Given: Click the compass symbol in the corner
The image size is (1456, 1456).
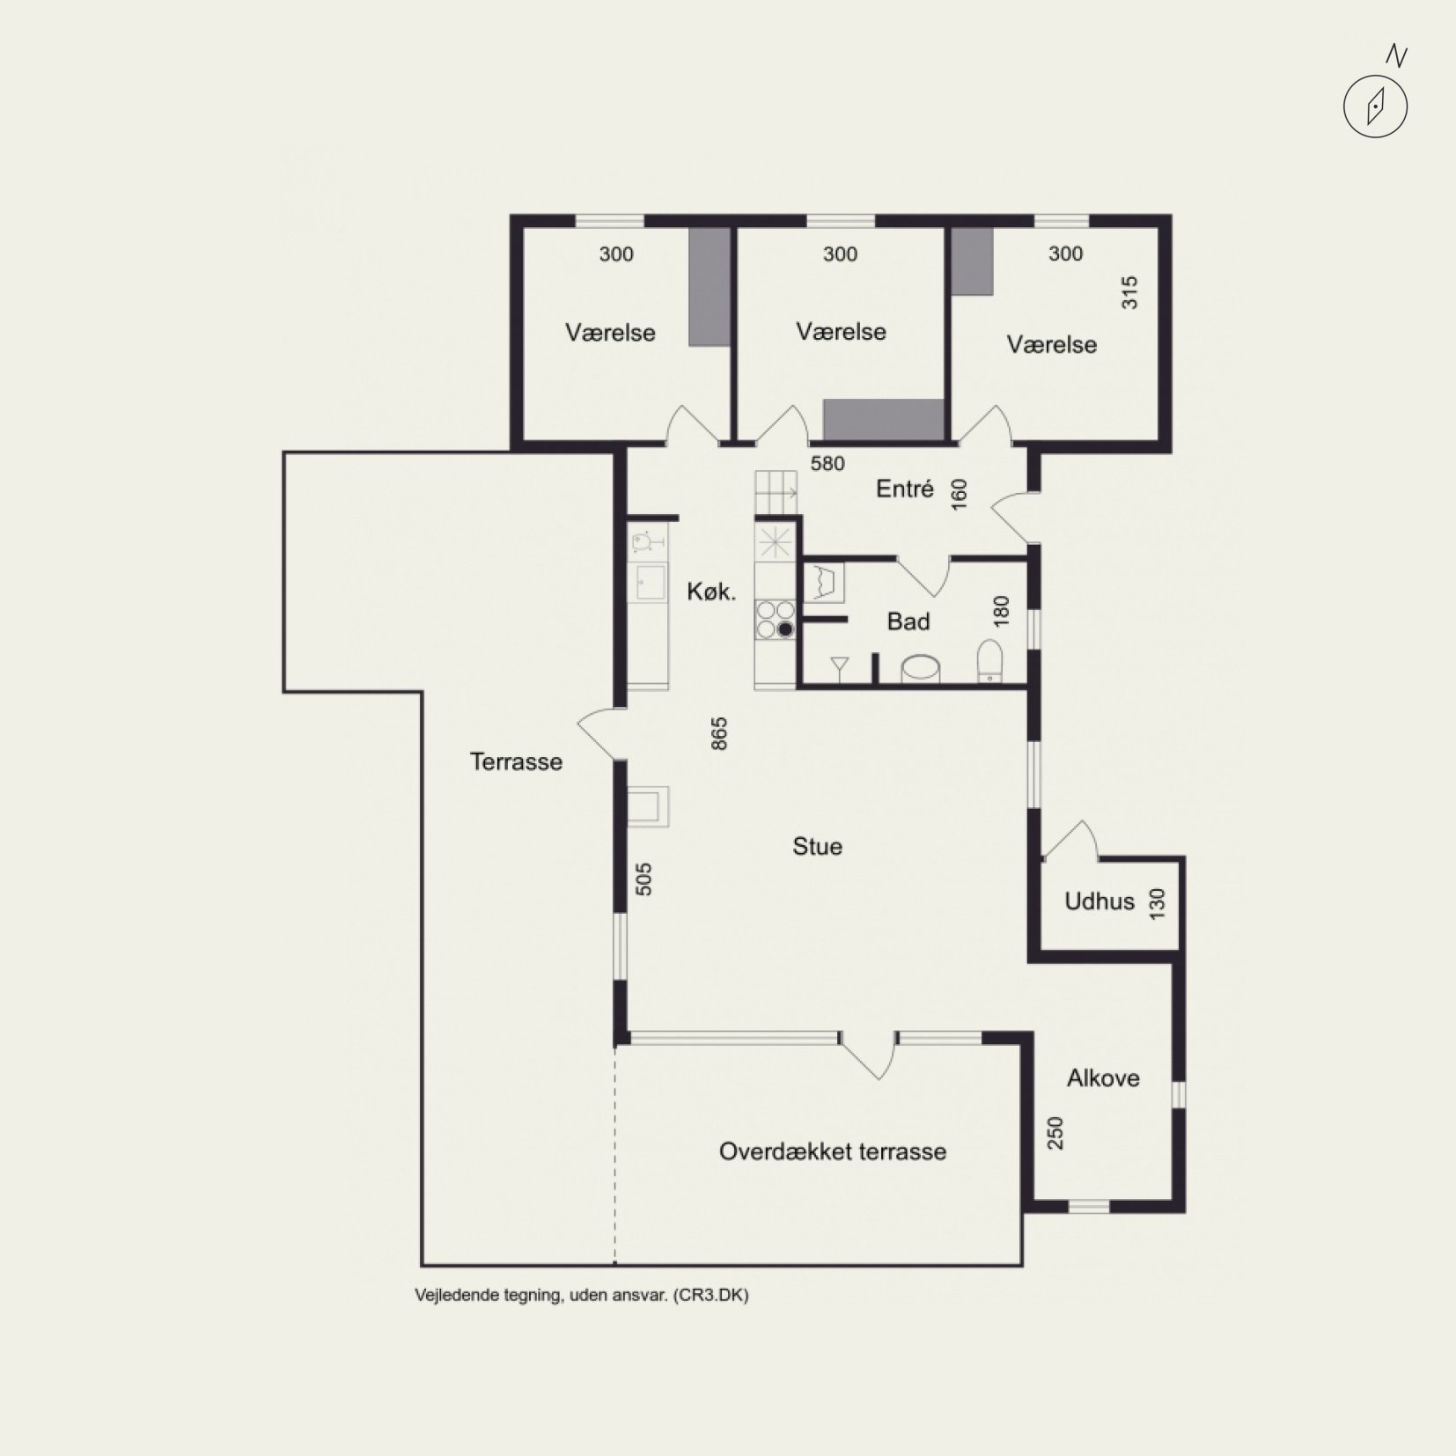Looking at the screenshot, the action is pyautogui.click(x=1375, y=107).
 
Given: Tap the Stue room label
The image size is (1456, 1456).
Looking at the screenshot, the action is pyautogui.click(x=817, y=847).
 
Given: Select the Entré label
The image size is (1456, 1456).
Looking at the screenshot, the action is pyautogui.click(x=904, y=489).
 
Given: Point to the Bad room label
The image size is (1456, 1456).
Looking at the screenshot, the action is pyautogui.click(x=908, y=621).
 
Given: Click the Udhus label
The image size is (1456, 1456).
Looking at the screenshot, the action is pyautogui.click(x=1099, y=901).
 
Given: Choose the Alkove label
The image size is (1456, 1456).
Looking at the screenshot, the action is pyautogui.click(x=1103, y=1078).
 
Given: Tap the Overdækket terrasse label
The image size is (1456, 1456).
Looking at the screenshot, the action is pyautogui.click(x=833, y=1151).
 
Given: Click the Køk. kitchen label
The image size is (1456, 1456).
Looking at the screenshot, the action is pyautogui.click(x=711, y=592).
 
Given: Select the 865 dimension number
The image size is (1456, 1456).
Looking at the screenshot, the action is pyautogui.click(x=719, y=734).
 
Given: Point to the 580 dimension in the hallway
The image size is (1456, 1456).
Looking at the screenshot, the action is pyautogui.click(x=827, y=464).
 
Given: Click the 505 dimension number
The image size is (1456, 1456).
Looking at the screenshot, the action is pyautogui.click(x=643, y=879).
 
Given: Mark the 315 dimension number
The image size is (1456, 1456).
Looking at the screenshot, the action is pyautogui.click(x=1129, y=293).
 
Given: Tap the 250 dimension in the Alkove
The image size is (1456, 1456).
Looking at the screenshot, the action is pyautogui.click(x=1055, y=1133).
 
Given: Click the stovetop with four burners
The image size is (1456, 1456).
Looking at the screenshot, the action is pyautogui.click(x=775, y=620).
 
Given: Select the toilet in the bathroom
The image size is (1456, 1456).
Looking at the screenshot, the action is pyautogui.click(x=990, y=661).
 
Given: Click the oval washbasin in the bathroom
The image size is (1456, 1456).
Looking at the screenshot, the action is pyautogui.click(x=921, y=669).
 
